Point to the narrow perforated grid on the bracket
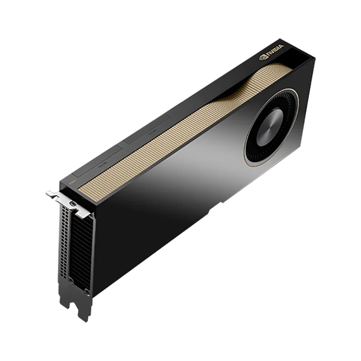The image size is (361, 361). tap(65, 244)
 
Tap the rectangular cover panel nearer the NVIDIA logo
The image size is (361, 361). tap(147, 131)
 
